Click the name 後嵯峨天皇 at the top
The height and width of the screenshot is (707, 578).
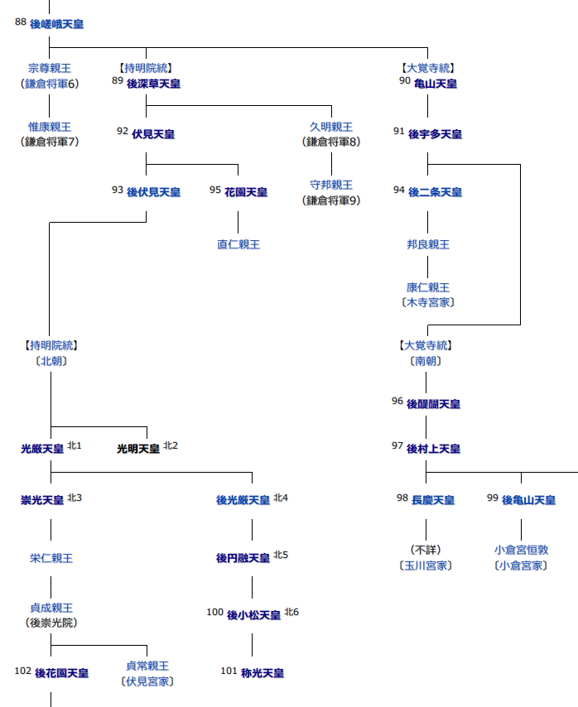click(56, 25)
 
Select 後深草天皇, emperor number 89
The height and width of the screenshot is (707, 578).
click(153, 84)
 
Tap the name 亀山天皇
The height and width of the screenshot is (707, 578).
click(436, 84)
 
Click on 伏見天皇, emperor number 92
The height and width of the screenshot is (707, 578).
click(153, 134)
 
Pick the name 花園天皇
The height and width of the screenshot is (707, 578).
click(246, 192)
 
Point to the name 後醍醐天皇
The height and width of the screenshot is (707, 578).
click(433, 404)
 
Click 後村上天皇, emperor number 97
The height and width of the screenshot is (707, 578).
click(433, 449)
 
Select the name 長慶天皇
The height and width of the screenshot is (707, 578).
click(433, 500)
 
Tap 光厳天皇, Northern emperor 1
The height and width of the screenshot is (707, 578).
click(42, 449)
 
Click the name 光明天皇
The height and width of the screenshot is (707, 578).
click(138, 449)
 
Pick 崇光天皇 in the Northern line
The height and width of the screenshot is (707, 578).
click(42, 500)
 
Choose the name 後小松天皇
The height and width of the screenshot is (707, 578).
click(253, 615)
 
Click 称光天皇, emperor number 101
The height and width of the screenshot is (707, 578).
click(263, 673)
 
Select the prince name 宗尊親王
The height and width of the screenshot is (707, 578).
click(50, 68)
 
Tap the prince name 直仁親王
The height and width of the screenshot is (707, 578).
click(238, 244)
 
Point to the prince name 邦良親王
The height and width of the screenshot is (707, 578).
click(428, 244)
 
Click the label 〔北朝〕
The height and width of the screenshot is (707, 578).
click(51, 361)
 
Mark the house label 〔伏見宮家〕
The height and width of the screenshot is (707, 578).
click(147, 681)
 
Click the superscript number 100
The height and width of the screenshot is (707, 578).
click(215, 612)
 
